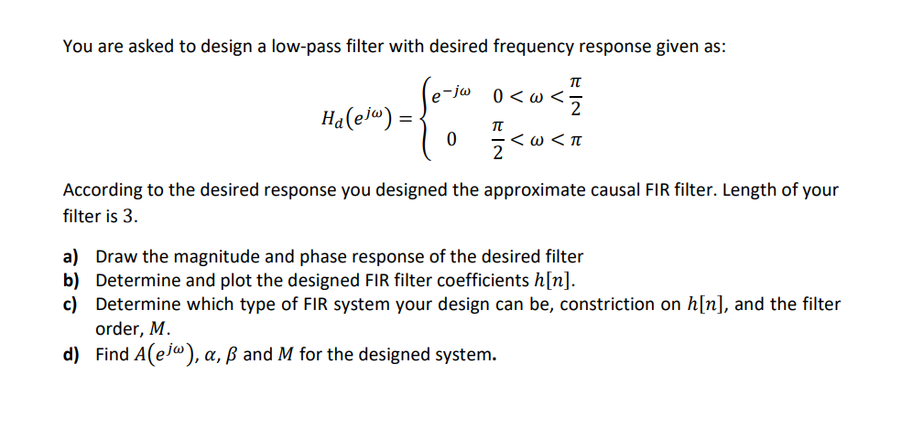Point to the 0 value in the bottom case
pyautogui.click(x=451, y=142)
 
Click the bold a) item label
pyautogui.click(x=71, y=257)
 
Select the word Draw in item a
pyautogui.click(x=115, y=257)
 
